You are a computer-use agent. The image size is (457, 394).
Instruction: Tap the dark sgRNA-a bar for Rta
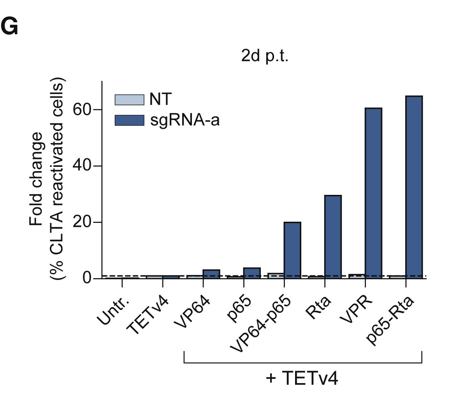point(333,237)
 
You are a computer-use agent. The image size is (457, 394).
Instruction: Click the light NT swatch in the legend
point(128,100)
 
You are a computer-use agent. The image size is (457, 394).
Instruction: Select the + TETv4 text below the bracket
point(302,378)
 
